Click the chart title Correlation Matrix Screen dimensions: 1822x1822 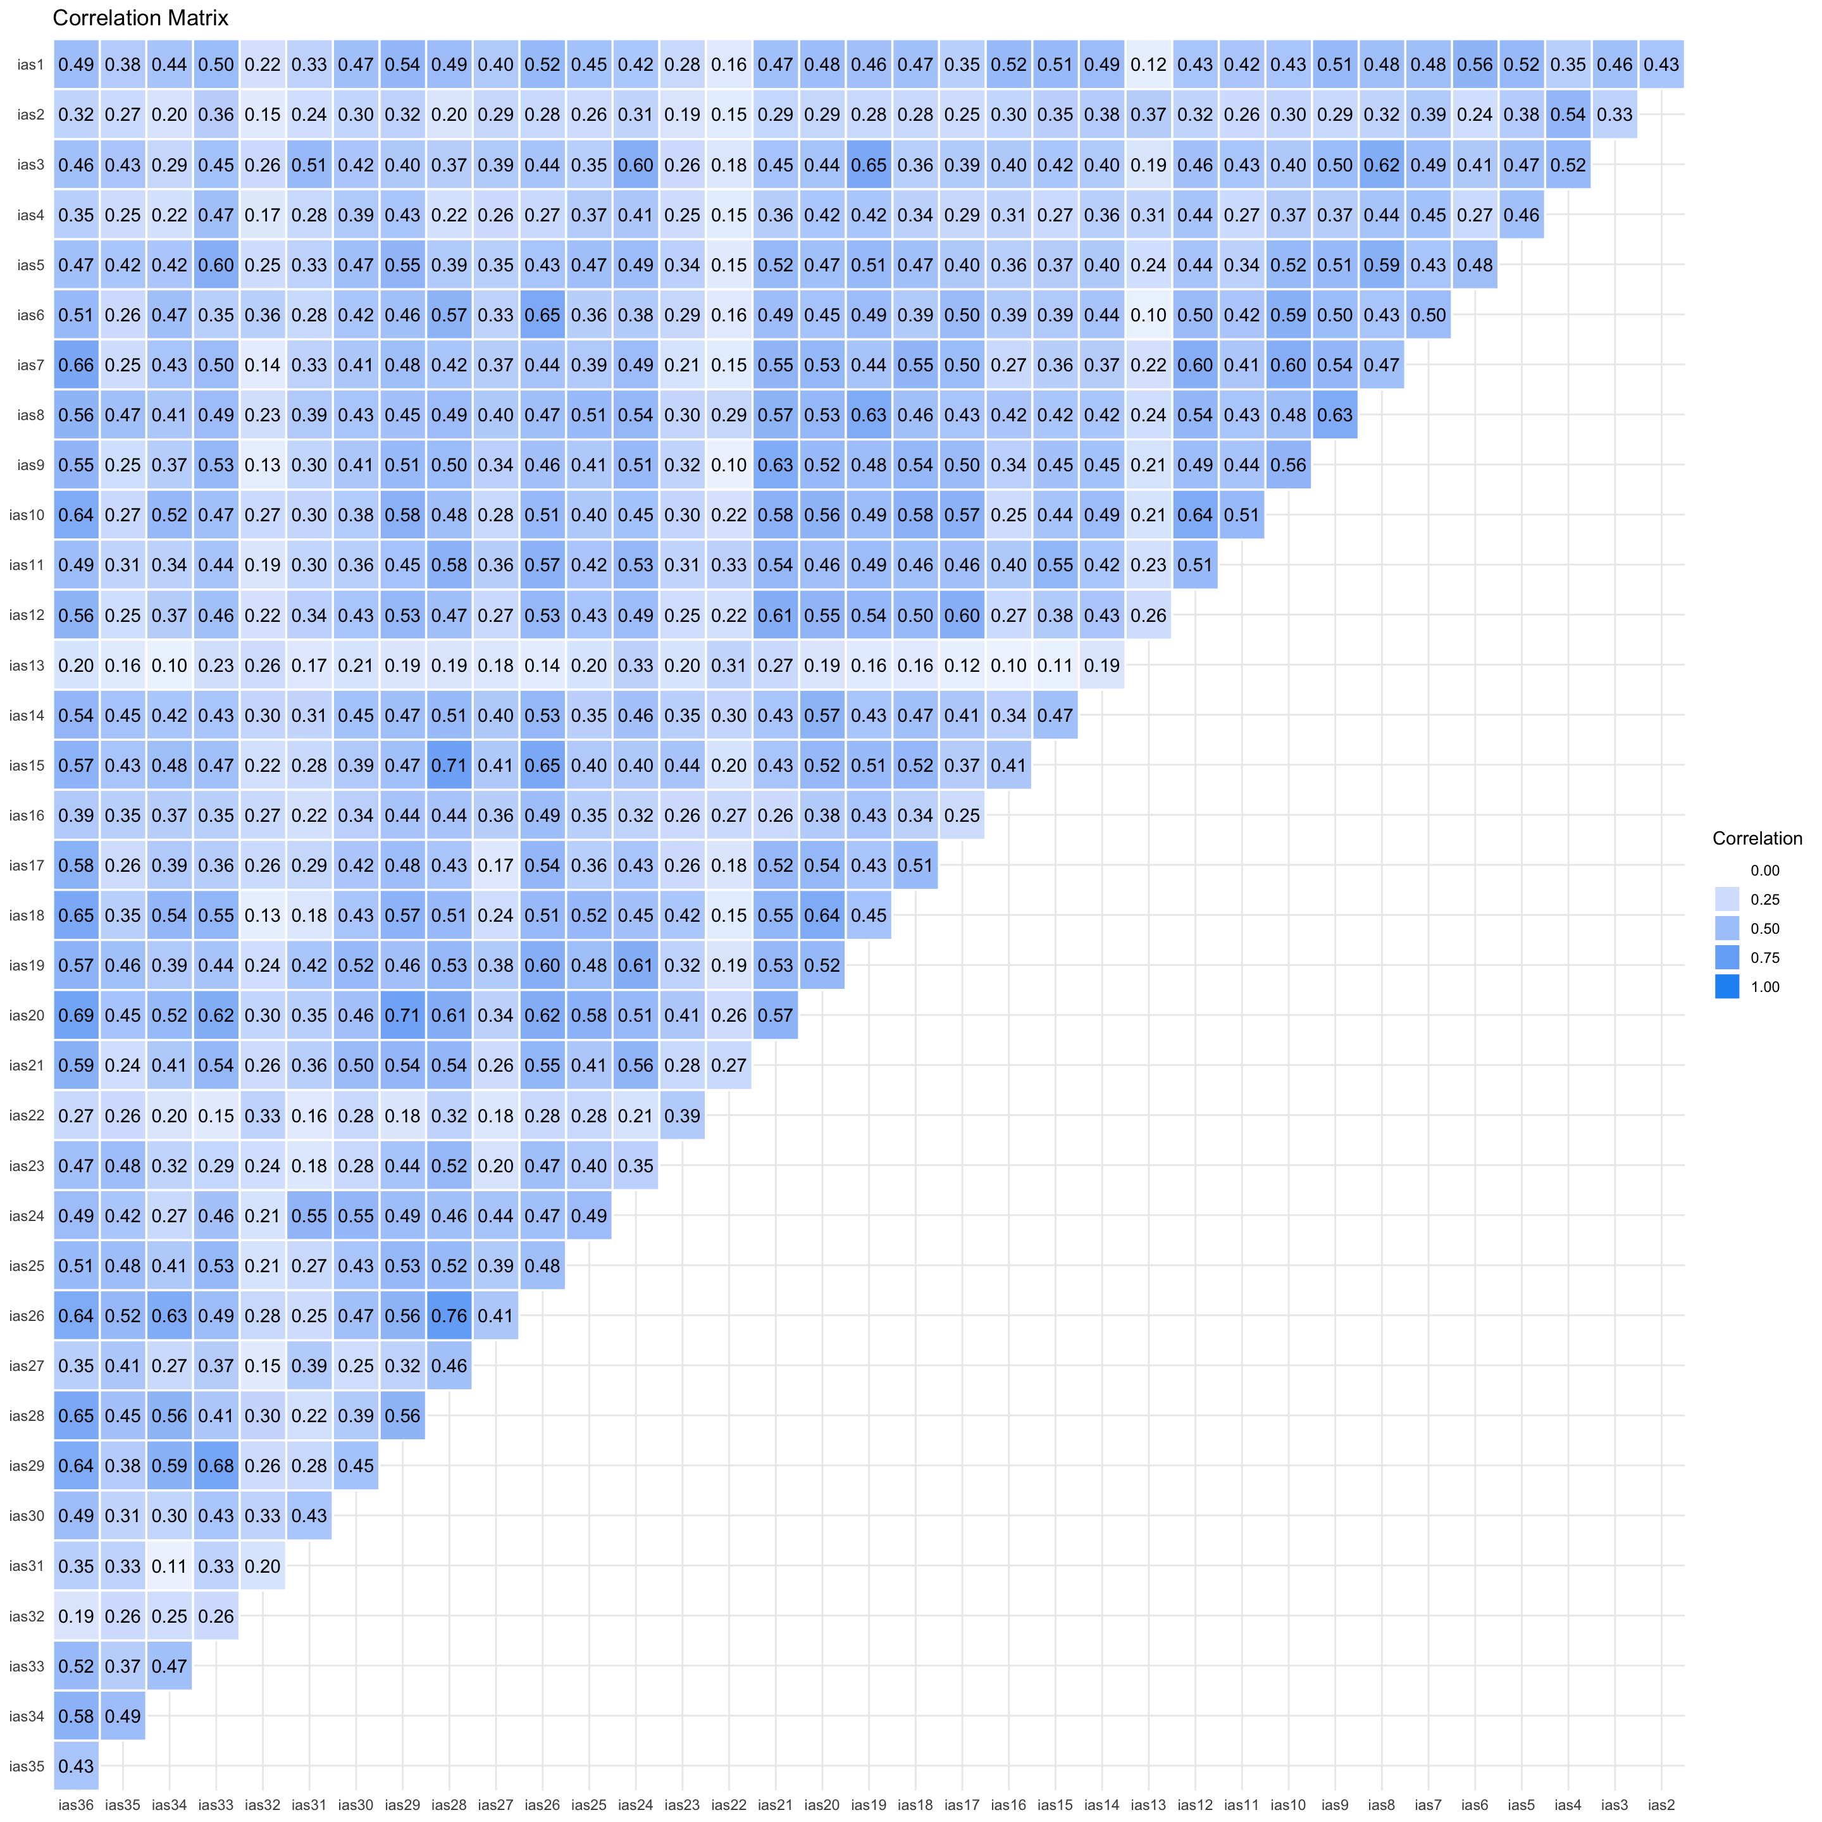[x=140, y=18]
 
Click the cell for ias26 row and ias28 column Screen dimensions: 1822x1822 [x=449, y=1316]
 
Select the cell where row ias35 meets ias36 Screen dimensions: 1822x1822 [x=75, y=1766]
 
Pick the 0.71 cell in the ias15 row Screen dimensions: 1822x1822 [x=449, y=765]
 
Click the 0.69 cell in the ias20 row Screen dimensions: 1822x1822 [x=75, y=1015]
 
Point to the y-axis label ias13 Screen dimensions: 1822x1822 [x=27, y=666]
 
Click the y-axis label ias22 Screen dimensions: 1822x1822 [x=27, y=1115]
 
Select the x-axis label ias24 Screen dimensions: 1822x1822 [x=636, y=1805]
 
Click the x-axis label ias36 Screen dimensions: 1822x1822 [x=75, y=1805]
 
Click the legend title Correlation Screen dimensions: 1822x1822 [x=1756, y=838]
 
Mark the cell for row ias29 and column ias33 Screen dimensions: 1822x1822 [x=216, y=1466]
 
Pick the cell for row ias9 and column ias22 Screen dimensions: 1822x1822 [x=729, y=465]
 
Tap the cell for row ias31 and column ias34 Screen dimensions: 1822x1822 [x=169, y=1566]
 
